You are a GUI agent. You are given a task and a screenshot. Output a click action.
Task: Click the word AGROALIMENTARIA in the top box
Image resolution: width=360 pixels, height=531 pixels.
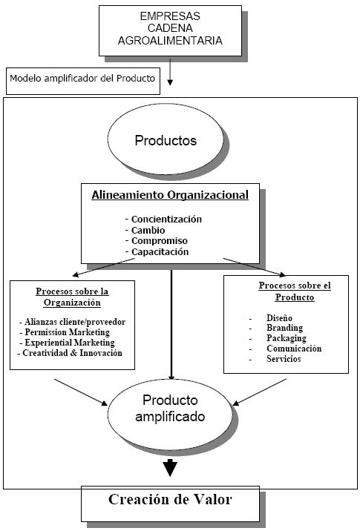point(170,41)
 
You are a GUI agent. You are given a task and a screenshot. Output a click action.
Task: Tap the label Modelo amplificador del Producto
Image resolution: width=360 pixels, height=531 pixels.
point(82,78)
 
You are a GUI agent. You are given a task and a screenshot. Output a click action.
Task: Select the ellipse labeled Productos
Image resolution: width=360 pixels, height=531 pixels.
point(166,139)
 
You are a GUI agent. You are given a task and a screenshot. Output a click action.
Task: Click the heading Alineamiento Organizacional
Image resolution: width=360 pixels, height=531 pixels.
point(170,195)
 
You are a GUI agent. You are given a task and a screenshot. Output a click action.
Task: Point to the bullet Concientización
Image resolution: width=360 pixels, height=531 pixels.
point(166,219)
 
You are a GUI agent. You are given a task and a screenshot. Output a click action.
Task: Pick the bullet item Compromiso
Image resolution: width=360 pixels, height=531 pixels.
point(160,241)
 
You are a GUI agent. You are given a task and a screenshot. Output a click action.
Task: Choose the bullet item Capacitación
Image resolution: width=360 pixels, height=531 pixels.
point(160,251)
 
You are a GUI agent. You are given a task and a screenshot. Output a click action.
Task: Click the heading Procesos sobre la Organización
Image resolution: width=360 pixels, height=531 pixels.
point(72,297)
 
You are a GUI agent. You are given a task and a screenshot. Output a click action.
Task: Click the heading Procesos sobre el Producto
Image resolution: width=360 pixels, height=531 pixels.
point(295,291)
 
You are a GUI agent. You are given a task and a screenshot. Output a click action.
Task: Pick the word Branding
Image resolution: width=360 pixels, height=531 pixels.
point(285,328)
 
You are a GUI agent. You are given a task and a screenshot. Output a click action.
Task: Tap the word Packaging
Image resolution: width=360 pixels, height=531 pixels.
point(287,338)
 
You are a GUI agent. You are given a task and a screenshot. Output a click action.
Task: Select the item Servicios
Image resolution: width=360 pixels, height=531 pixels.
point(284,359)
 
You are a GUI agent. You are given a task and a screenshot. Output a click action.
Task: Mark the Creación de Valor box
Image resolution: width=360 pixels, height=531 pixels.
point(170,504)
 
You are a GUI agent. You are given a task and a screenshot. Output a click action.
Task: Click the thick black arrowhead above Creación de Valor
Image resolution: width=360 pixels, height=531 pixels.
point(170,468)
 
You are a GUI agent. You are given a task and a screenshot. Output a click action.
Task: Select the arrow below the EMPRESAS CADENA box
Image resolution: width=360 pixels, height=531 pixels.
point(170,71)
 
